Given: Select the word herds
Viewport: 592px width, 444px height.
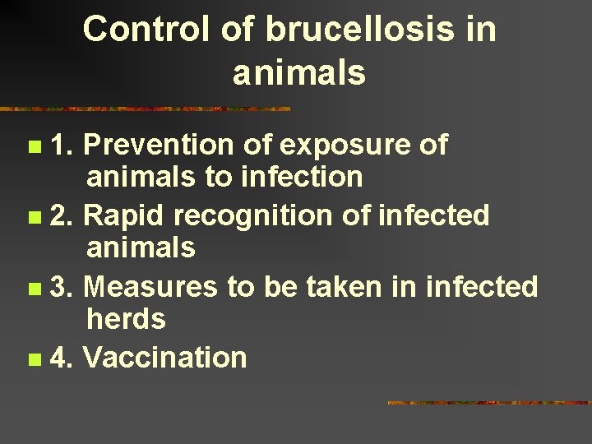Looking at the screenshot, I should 126,319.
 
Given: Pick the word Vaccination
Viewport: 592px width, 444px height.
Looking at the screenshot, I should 165,358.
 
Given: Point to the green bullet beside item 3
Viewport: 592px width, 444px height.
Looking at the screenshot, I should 33,289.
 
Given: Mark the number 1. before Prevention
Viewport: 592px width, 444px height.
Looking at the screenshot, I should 62,145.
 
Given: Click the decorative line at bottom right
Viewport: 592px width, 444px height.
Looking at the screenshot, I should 488,403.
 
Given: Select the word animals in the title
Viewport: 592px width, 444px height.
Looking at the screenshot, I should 298,74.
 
